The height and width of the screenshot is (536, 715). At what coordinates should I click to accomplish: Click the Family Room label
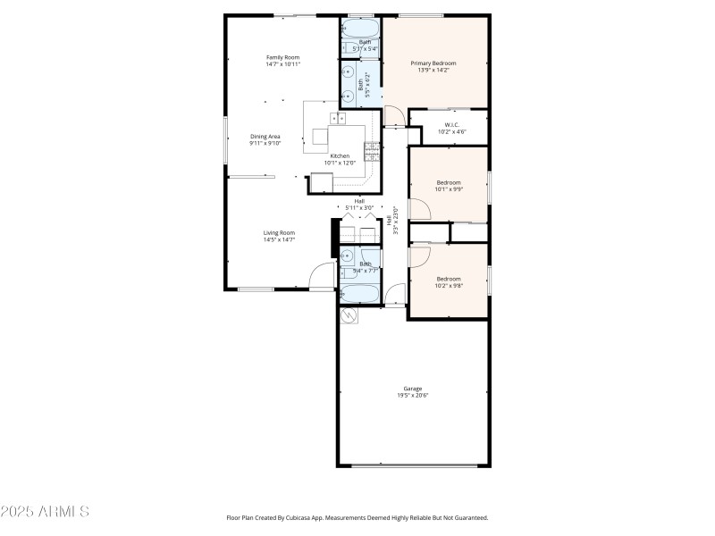282,57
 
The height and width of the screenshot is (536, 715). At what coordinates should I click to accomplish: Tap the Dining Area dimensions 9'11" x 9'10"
265,143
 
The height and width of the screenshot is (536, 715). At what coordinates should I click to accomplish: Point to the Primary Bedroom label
433,63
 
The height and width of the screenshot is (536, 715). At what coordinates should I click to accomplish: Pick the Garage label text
413,389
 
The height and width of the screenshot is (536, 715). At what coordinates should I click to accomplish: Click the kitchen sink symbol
339,118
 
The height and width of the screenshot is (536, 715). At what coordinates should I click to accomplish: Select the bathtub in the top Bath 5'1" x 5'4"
359,30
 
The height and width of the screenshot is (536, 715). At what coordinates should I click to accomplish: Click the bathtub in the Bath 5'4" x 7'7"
359,292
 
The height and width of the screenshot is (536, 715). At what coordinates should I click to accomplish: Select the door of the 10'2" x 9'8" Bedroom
418,255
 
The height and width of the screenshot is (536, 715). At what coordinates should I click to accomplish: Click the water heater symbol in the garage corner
347,315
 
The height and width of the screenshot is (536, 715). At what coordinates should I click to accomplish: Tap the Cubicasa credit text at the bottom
357,517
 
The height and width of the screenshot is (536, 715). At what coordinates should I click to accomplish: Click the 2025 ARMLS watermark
45,512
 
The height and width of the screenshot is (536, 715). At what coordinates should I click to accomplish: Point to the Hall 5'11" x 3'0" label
359,204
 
